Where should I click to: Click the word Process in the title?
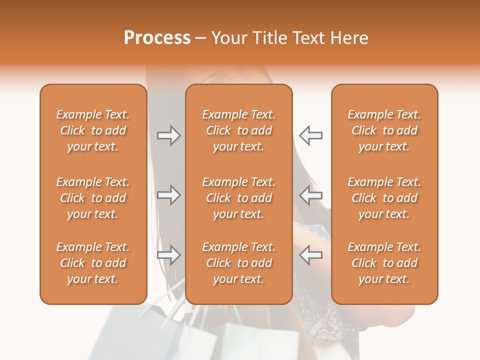[157, 38]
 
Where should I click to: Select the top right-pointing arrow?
[168, 135]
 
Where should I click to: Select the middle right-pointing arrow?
[168, 195]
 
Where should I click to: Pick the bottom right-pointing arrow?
[168, 255]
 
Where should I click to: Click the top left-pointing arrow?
[310, 135]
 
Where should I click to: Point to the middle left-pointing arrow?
[310, 195]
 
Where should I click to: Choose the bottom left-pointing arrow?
[310, 255]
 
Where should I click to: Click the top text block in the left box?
[93, 130]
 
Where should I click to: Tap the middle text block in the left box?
[93, 198]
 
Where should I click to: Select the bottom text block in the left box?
[93, 263]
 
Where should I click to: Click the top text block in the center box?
[239, 130]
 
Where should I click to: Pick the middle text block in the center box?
[239, 198]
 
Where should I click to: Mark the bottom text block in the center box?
[239, 263]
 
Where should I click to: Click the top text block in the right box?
[384, 130]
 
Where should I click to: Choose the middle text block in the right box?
[384, 198]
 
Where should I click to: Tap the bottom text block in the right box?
[384, 263]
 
